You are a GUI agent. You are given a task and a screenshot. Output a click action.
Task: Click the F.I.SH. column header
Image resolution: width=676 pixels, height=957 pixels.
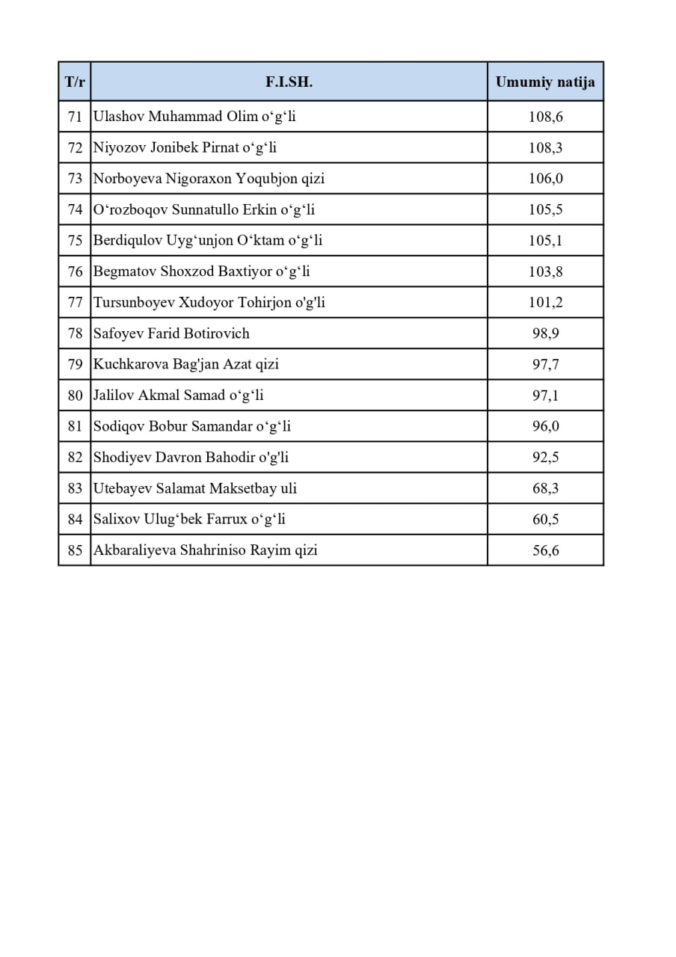[289, 82]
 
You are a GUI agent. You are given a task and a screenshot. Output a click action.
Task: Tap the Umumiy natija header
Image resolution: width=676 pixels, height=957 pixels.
[545, 82]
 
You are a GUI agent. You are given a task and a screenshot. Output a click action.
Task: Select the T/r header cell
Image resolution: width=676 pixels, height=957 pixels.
[75, 82]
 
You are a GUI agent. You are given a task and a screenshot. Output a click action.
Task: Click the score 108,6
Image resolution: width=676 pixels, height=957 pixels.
[545, 117]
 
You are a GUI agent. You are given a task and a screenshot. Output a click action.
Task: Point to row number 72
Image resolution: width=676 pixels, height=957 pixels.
[75, 148]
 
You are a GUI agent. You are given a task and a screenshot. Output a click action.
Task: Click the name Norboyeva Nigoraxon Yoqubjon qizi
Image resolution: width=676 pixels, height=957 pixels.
[209, 179]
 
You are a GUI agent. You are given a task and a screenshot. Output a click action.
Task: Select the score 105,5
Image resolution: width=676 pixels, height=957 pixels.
[545, 210]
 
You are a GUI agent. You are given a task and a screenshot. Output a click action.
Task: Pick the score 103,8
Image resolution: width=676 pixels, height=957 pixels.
[545, 272]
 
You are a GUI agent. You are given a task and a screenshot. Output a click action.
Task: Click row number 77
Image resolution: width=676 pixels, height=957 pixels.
[75, 303]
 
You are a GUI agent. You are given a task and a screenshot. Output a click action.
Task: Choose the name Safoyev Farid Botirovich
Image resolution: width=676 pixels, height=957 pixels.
[171, 333]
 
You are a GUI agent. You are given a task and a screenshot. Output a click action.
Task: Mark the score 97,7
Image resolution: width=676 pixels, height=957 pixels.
[545, 365]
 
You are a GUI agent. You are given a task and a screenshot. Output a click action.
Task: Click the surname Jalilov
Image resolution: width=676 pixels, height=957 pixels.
[114, 396]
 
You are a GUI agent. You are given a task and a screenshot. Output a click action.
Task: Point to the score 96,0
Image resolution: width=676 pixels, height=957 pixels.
[545, 427]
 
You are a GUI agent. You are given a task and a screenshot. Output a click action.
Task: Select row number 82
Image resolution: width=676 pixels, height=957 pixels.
[75, 458]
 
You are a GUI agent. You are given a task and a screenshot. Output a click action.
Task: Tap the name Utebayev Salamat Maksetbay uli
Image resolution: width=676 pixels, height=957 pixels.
[194, 488]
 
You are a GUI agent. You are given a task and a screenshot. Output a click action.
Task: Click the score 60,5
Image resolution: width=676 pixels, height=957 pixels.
[545, 520]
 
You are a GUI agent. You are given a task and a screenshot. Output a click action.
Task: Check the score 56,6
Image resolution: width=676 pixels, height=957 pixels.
[545, 551]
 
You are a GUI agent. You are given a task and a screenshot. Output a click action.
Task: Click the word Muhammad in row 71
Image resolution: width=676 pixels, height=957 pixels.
[185, 117]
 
